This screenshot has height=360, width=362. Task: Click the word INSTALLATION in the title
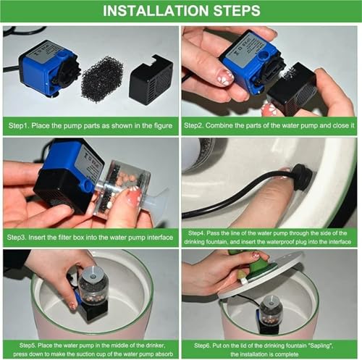tap(156, 11)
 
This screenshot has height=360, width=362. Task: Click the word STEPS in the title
tap(237, 11)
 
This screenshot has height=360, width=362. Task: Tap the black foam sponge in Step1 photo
tap(102, 79)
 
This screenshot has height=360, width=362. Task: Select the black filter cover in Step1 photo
tap(151, 80)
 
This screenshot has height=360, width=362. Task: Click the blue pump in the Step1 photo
tap(49, 68)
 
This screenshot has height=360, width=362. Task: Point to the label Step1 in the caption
tap(19, 126)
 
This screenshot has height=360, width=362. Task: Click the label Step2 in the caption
tap(194, 125)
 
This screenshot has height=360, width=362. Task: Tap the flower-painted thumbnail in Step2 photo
tap(225, 77)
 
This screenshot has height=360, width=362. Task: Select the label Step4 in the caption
tap(196, 233)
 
